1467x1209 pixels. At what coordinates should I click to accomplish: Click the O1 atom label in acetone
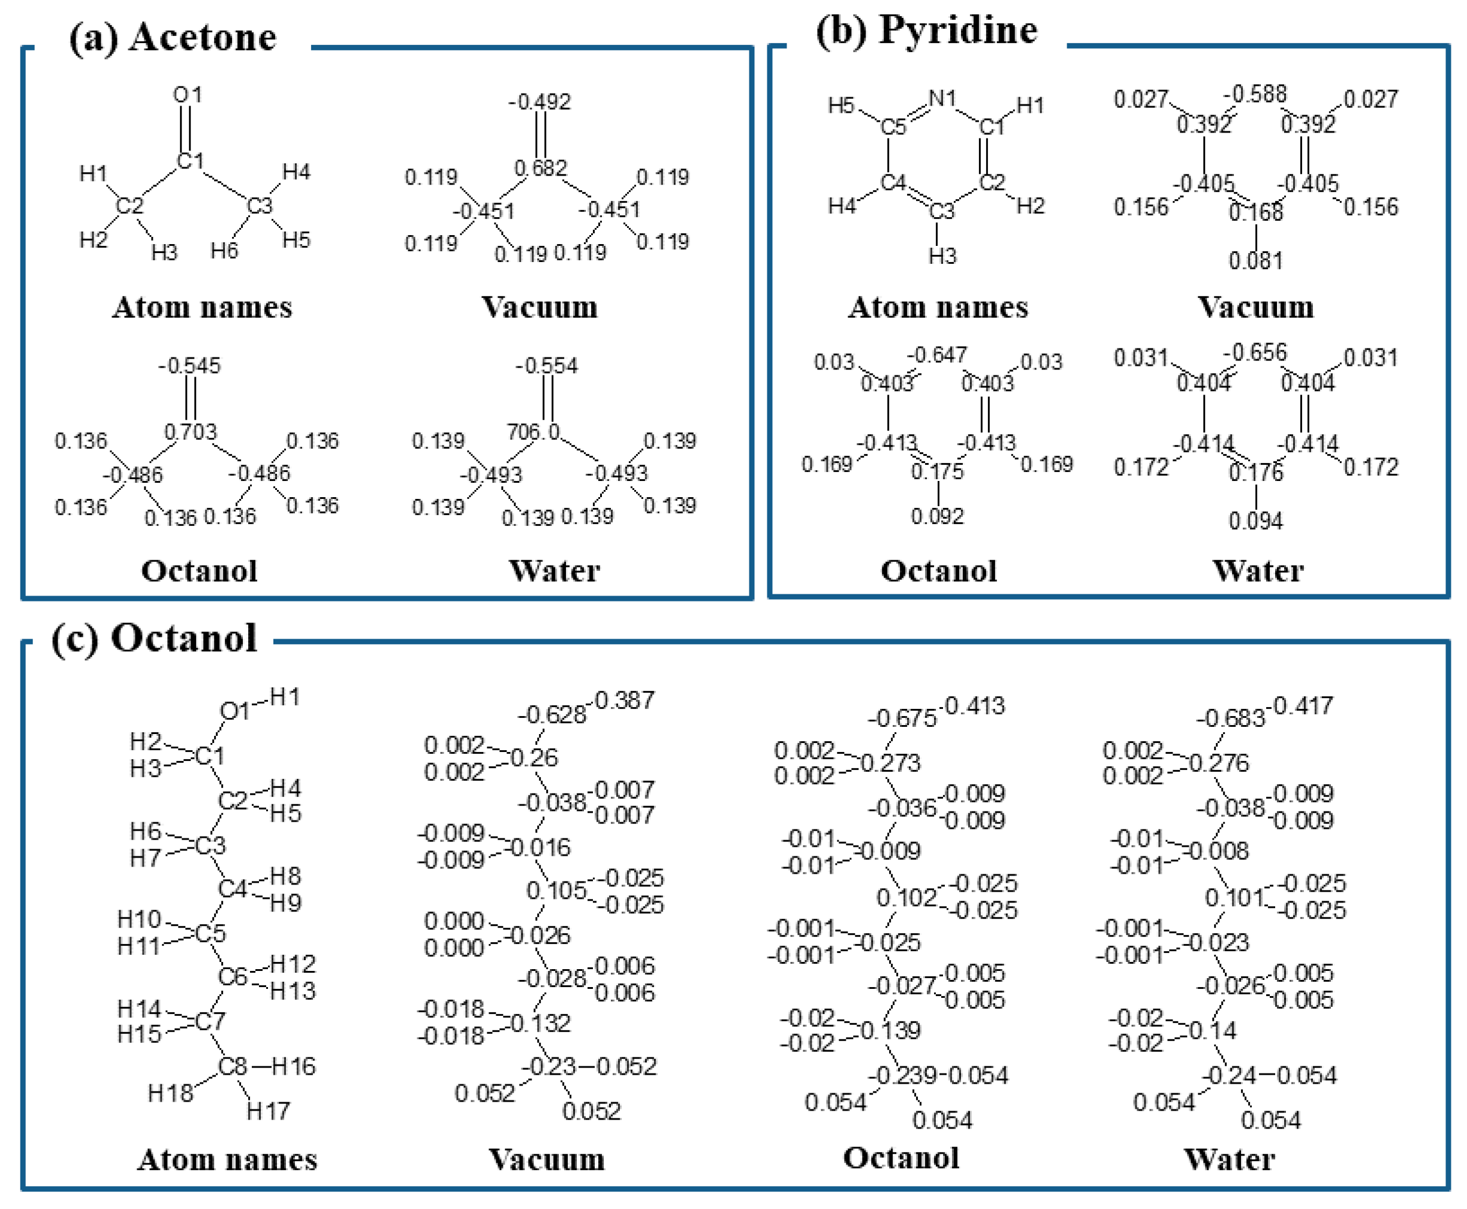(187, 95)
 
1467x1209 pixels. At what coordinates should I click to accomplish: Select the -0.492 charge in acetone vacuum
(540, 103)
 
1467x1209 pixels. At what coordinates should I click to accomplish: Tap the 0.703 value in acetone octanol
(190, 432)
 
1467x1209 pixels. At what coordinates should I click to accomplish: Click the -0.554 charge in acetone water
(547, 366)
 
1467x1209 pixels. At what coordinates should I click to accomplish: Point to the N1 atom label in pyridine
(942, 99)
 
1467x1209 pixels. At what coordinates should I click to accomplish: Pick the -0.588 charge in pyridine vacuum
(1255, 94)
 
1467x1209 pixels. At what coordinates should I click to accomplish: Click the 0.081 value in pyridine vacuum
(1255, 261)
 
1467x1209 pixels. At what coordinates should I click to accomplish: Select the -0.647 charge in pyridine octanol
(936, 355)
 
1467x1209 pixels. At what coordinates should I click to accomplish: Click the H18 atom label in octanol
(170, 1093)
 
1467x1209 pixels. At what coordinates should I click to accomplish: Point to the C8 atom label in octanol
(232, 1066)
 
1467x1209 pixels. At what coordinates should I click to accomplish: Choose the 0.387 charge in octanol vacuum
(625, 700)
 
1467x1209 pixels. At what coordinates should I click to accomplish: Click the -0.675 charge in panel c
(902, 718)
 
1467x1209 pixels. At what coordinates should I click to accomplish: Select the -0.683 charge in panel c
(1230, 718)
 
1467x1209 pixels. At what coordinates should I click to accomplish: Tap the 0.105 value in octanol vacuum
(556, 890)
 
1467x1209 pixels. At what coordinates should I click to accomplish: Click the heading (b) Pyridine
(926, 31)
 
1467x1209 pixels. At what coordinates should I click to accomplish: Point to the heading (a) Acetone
(173, 37)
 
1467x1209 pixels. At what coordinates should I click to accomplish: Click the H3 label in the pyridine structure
(942, 256)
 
